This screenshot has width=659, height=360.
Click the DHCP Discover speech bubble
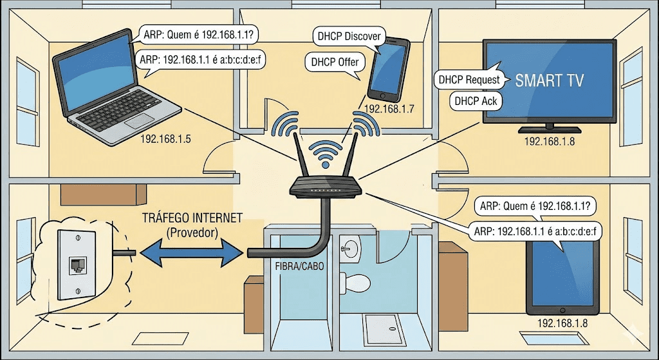(x=349, y=37)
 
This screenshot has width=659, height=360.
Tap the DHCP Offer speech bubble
(x=335, y=62)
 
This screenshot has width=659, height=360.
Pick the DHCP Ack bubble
(x=476, y=100)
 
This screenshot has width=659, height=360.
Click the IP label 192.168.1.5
(x=166, y=138)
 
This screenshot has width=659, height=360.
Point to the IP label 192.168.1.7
(x=389, y=109)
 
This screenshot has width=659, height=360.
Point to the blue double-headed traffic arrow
(x=192, y=251)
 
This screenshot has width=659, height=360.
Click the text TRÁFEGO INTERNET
(x=192, y=218)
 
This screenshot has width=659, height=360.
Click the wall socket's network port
(x=78, y=263)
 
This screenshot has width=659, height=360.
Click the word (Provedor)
(x=192, y=230)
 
